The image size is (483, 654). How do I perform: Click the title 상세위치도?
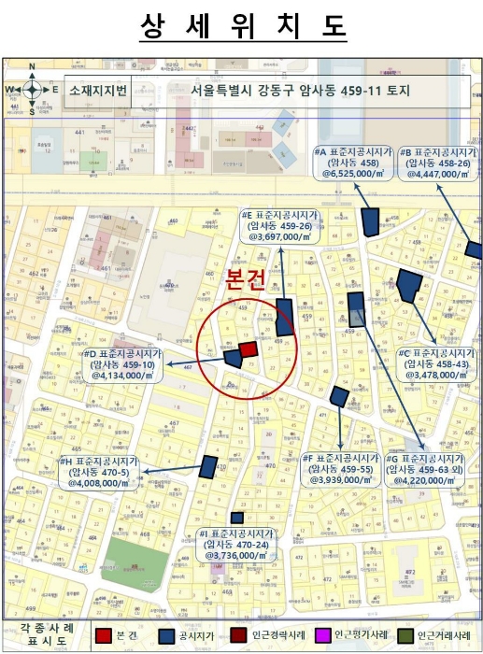[x=242, y=27]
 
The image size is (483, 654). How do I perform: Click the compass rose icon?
[x=31, y=90]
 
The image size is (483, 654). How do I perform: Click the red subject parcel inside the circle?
[x=249, y=349]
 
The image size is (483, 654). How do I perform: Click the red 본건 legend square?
[x=104, y=635]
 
